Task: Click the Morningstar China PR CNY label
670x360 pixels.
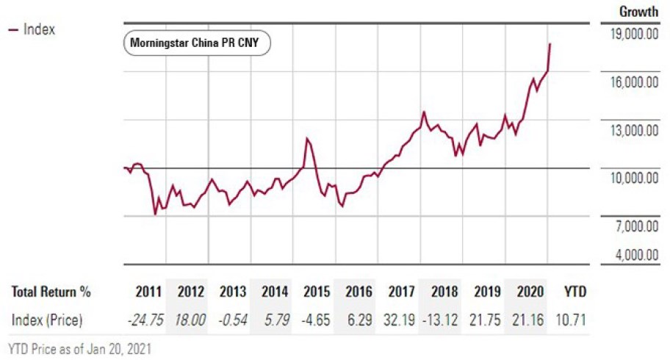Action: (x=195, y=43)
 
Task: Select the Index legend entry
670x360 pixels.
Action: (x=32, y=29)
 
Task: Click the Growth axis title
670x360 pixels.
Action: (x=638, y=11)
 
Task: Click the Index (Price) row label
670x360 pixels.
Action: (x=47, y=320)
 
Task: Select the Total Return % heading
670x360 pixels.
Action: (x=51, y=292)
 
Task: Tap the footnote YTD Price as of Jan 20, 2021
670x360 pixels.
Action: (x=79, y=349)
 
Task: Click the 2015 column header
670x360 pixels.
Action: (x=317, y=292)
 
